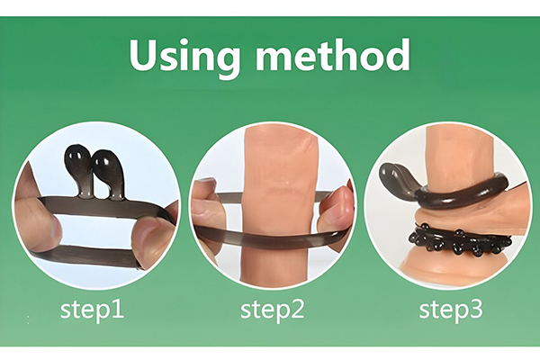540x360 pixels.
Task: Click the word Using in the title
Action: click(x=184, y=57)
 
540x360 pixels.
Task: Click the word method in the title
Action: click(x=333, y=54)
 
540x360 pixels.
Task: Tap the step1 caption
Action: click(x=92, y=310)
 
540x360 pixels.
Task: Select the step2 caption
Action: click(x=272, y=310)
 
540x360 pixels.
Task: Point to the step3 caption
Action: click(x=451, y=310)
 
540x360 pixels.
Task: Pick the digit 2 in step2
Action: click(x=297, y=309)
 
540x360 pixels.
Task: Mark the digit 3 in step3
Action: click(x=476, y=309)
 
